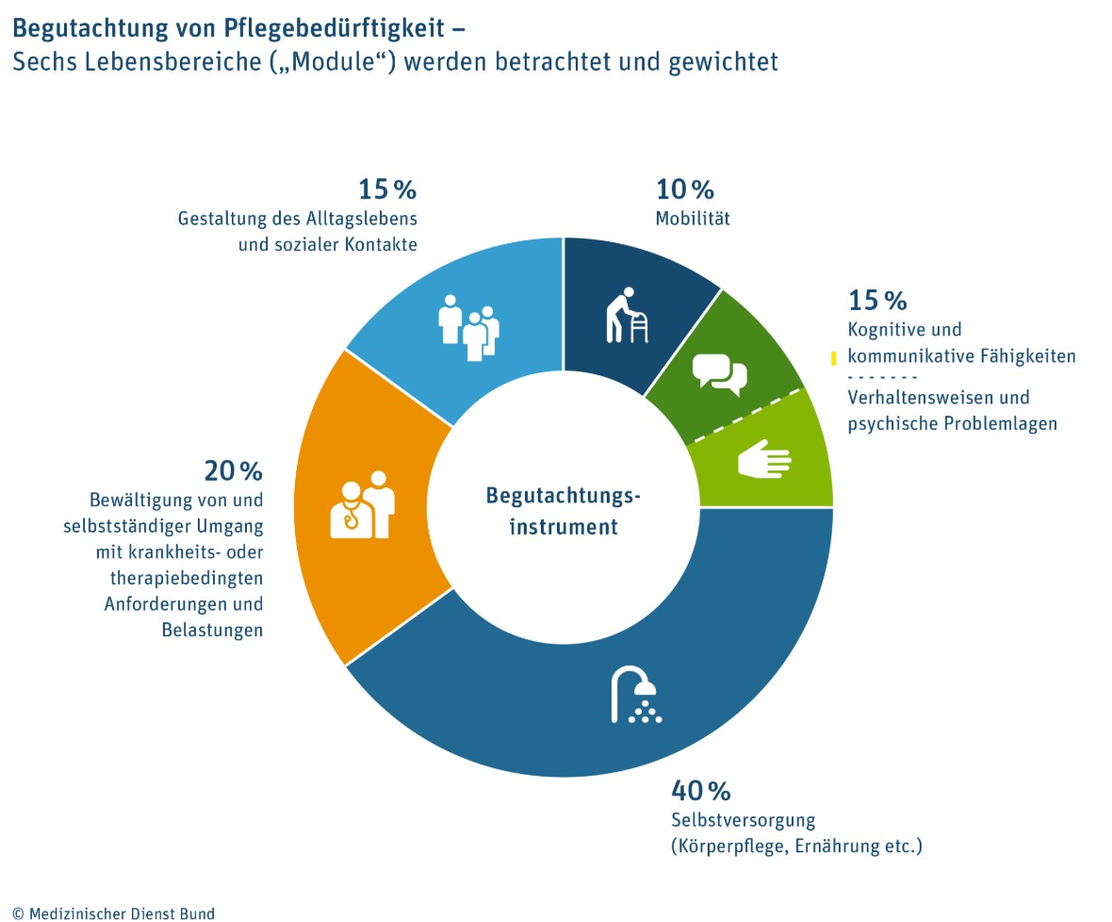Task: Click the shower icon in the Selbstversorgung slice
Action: (636, 695)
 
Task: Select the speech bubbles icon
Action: (719, 372)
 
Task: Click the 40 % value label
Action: (701, 789)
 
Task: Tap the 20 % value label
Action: (233, 469)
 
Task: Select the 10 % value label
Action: (685, 189)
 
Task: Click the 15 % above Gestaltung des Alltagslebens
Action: (386, 189)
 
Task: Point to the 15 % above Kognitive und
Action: (877, 301)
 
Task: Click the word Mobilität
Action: (693, 219)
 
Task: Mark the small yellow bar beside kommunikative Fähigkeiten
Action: (833, 358)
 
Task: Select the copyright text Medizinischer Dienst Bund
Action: (121, 914)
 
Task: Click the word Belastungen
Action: (212, 631)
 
